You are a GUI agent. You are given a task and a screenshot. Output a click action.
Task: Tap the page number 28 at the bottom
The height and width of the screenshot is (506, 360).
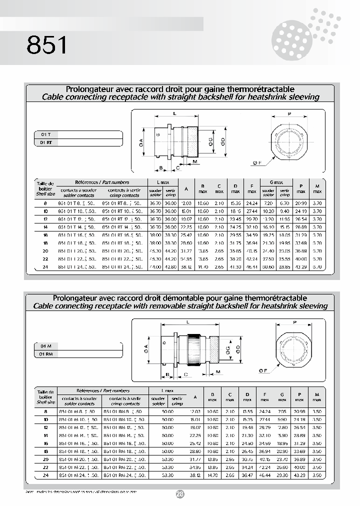[180, 494]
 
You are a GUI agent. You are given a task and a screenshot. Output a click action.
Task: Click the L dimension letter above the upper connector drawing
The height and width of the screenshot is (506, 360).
[174, 113]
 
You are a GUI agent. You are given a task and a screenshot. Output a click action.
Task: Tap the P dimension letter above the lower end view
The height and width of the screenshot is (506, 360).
[295, 322]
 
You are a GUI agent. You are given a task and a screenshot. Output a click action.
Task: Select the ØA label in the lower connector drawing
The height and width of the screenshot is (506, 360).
[145, 346]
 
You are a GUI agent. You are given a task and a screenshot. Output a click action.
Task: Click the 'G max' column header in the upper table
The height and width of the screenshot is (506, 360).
[276, 182]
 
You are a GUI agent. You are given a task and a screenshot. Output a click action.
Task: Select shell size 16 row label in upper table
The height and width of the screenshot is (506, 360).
[45, 234]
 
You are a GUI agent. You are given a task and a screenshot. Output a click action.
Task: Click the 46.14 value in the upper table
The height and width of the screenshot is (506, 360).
[252, 267]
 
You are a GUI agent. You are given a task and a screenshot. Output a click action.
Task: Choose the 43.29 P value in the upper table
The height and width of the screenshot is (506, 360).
[301, 267]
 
